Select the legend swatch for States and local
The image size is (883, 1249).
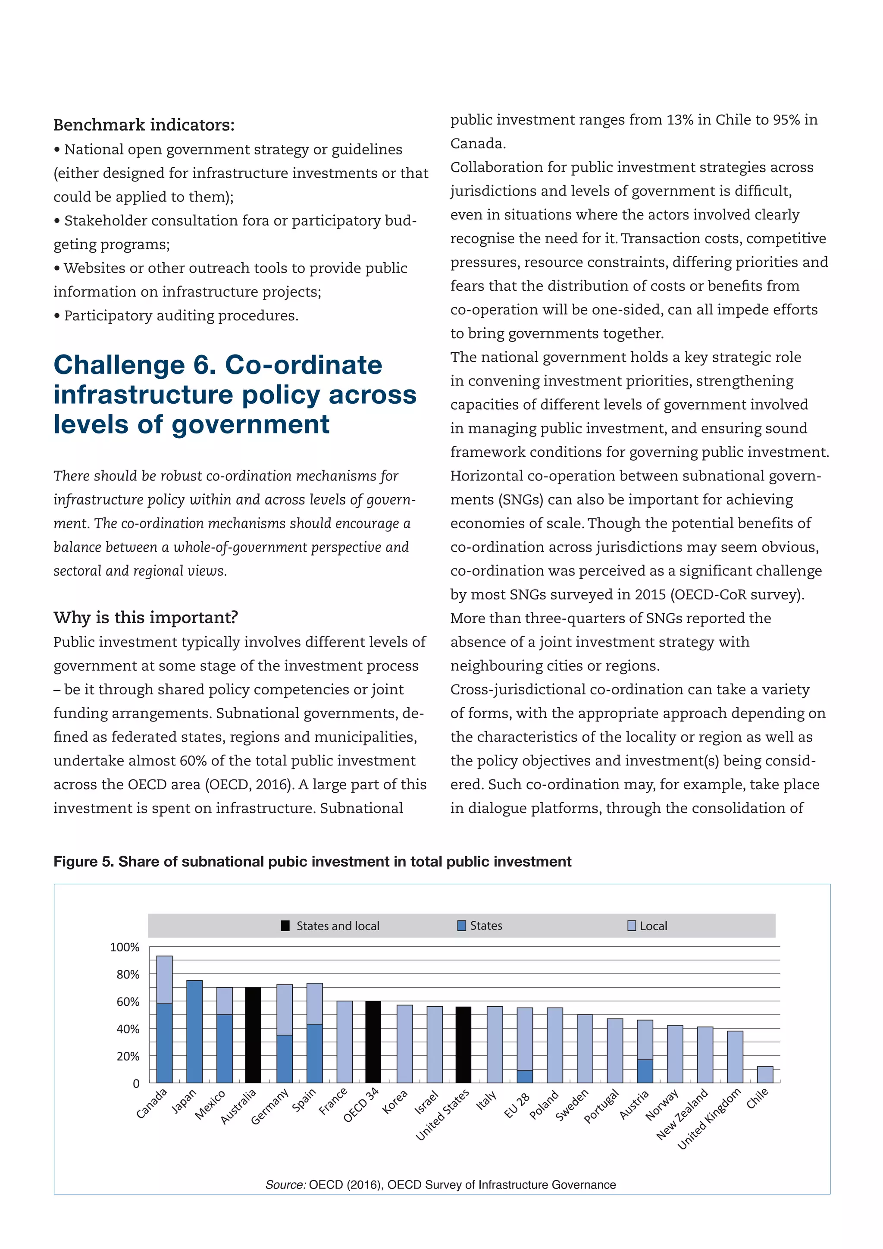(285, 926)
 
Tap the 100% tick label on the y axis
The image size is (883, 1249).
(125, 947)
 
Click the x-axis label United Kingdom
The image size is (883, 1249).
(710, 1120)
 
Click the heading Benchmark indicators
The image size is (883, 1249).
(144, 125)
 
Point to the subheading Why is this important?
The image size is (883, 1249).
(145, 618)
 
